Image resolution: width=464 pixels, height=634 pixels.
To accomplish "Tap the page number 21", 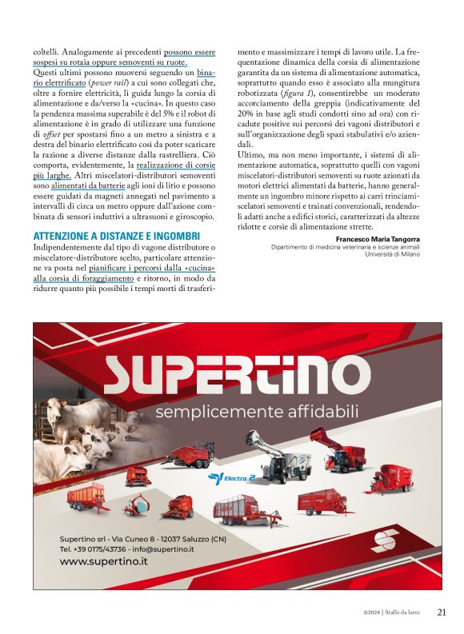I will [442, 613].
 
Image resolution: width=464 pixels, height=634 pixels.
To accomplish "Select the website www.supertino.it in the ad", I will [104, 561].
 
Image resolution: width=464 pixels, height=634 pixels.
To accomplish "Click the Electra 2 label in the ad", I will [231, 477].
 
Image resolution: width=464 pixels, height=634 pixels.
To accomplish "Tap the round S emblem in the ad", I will [390, 540].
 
